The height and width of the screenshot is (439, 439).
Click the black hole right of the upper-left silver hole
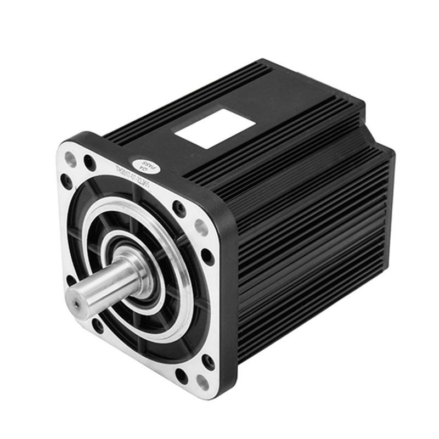pyautogui.click(x=88, y=162)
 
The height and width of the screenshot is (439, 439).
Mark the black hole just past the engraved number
pyautogui.click(x=178, y=207)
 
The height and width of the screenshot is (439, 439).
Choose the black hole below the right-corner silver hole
pyautogui.click(x=208, y=256)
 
